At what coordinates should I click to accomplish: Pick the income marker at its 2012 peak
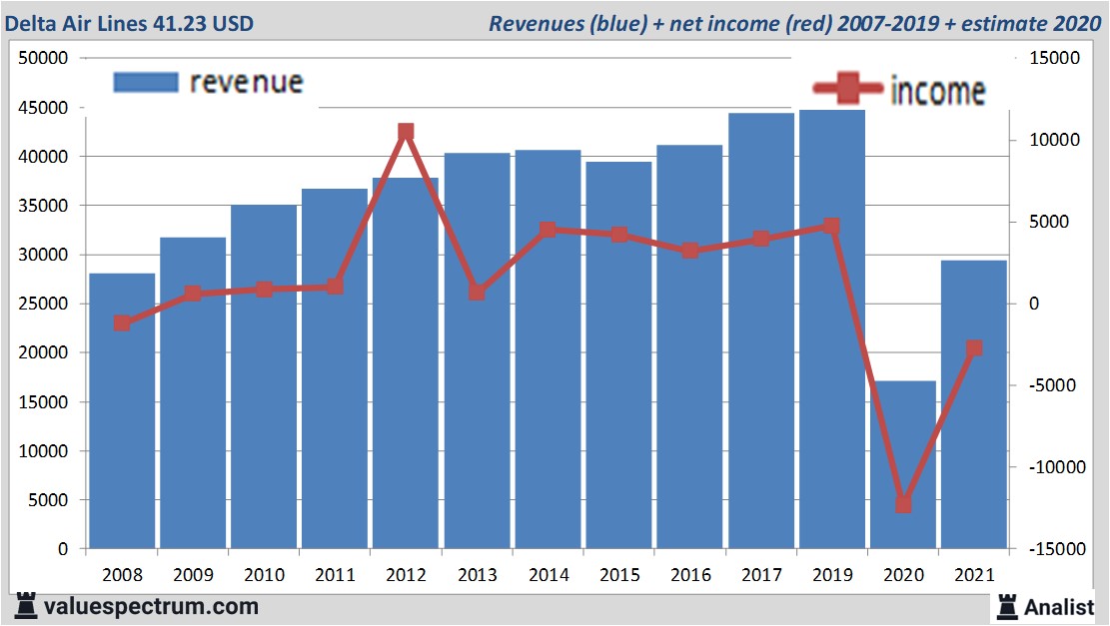406,133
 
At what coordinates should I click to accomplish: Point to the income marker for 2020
903,504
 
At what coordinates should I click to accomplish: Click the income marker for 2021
974,348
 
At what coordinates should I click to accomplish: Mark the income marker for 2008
122,323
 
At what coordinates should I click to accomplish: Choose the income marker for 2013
477,293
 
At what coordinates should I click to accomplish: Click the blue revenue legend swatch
146,82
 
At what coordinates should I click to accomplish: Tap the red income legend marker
844,89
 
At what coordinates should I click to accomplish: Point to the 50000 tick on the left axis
43,59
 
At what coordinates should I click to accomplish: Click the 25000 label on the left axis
43,304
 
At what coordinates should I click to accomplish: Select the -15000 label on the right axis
1056,549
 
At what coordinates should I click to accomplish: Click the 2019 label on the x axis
832,576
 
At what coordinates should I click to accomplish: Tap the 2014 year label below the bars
548,576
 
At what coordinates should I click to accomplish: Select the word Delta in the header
32,22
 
